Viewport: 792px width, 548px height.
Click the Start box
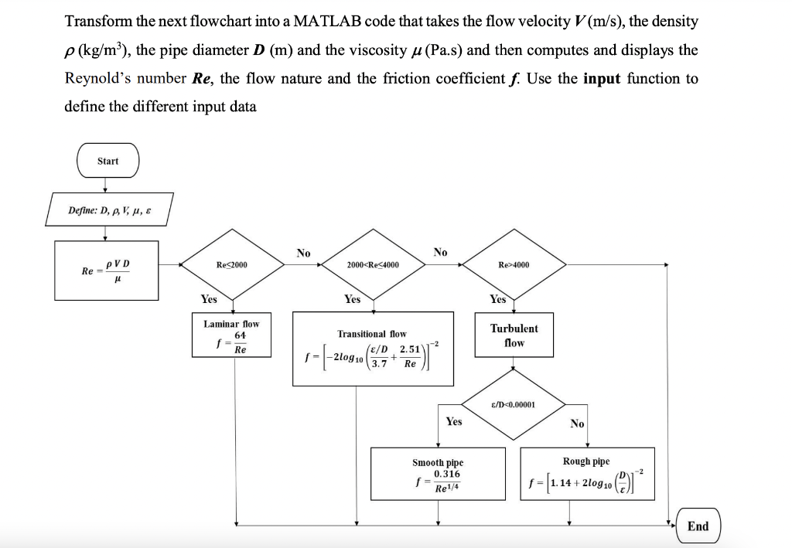pos(108,161)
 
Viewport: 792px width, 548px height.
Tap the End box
pos(698,526)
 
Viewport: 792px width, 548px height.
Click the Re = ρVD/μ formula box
pos(108,270)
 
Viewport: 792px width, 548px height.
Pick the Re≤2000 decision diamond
pos(233,265)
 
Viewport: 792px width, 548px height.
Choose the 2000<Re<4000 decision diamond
pos(373,265)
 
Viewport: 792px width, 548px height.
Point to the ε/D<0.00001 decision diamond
pos(514,404)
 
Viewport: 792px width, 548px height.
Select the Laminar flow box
pos(231,336)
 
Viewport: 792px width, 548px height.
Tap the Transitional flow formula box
pos(373,348)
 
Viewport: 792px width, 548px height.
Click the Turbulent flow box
pos(514,335)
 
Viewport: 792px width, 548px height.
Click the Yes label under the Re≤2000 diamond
pos(209,299)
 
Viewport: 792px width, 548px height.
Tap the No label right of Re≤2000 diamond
pos(303,253)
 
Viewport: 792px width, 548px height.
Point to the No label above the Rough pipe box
pos(577,424)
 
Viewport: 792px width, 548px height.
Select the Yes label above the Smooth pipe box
pos(454,421)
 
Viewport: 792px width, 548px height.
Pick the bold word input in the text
pos(602,78)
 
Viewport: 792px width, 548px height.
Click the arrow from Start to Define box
pos(108,185)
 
